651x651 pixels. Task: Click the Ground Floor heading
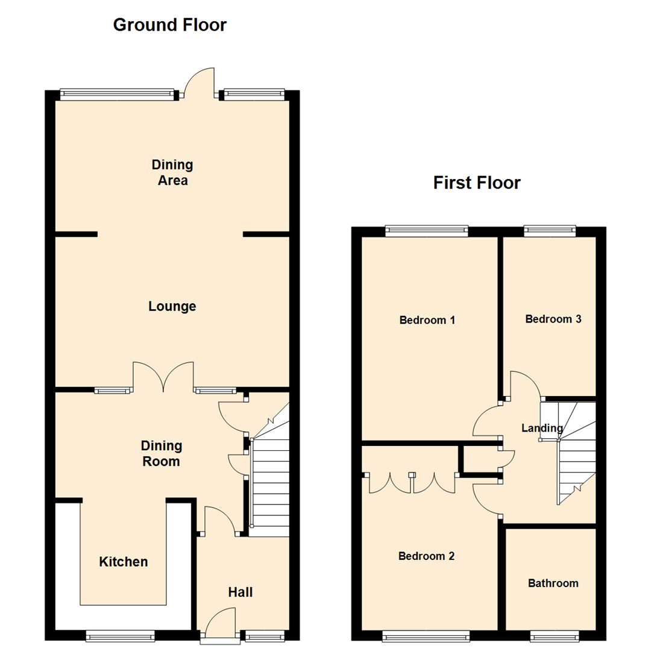point(170,25)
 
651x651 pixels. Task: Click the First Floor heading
point(476,183)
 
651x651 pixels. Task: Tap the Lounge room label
point(172,307)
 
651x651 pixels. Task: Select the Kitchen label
point(123,562)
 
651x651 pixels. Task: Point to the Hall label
point(240,593)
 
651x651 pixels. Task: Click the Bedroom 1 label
point(427,320)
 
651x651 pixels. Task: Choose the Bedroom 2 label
point(426,556)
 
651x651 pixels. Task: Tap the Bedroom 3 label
point(553,319)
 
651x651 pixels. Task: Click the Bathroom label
point(553,583)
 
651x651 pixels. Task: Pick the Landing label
point(542,429)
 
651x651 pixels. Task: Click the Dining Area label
point(172,172)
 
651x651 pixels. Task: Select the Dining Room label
point(161,454)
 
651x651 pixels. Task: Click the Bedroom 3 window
point(549,230)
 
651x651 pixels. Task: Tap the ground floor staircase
point(269,482)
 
